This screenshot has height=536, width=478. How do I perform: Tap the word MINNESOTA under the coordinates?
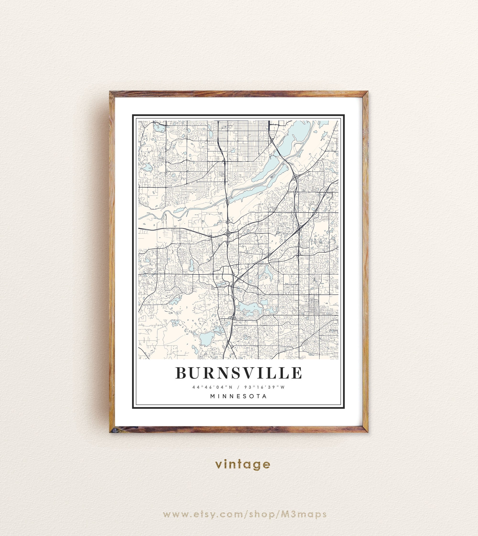click(x=239, y=396)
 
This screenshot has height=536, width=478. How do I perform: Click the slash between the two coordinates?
click(x=238, y=387)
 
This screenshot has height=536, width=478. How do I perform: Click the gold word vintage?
click(x=242, y=464)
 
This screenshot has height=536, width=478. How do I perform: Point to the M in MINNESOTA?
click(x=213, y=396)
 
